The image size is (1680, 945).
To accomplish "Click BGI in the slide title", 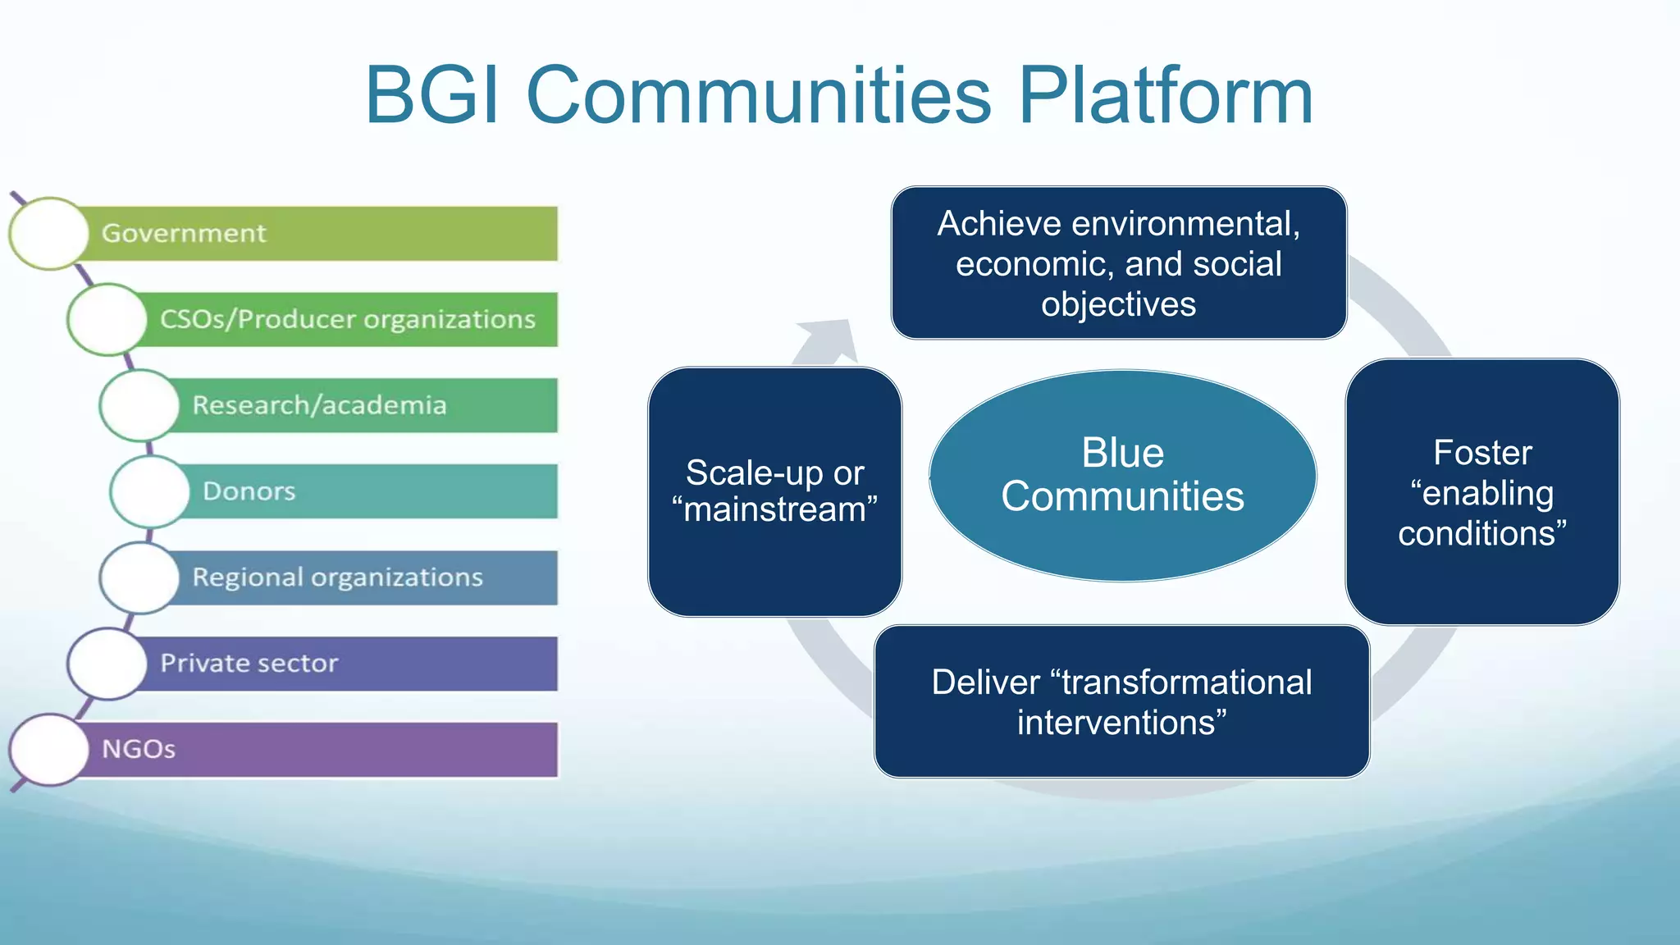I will pyautogui.click(x=432, y=97).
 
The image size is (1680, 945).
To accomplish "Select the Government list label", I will pyautogui.click(x=184, y=234).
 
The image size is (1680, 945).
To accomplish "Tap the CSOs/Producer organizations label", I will pyautogui.click(x=347, y=319).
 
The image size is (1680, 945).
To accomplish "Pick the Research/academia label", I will pyautogui.click(x=319, y=405).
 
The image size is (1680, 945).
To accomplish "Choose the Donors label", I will pyautogui.click(x=249, y=491).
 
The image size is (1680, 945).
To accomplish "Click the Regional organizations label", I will pyautogui.click(x=337, y=577).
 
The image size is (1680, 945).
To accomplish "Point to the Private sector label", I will pyautogui.click(x=249, y=663).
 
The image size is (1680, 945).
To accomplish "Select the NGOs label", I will pyautogui.click(x=139, y=749).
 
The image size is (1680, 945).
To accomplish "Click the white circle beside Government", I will pyautogui.click(x=49, y=234).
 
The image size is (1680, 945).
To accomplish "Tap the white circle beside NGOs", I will pyautogui.click(x=49, y=750).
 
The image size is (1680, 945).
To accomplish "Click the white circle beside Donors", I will pyautogui.click(x=149, y=491).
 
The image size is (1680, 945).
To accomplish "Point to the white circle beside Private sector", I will pyautogui.click(x=107, y=664).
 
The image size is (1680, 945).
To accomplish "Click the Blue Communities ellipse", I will pyautogui.click(x=1122, y=475).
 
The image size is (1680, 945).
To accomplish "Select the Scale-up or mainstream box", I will pyautogui.click(x=774, y=491).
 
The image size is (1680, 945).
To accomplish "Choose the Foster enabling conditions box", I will pyautogui.click(x=1481, y=491).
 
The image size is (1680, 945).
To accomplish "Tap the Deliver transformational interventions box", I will pyautogui.click(x=1121, y=701).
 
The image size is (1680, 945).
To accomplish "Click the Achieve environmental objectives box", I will pyautogui.click(x=1118, y=262).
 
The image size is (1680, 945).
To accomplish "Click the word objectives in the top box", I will pyautogui.click(x=1118, y=304).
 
